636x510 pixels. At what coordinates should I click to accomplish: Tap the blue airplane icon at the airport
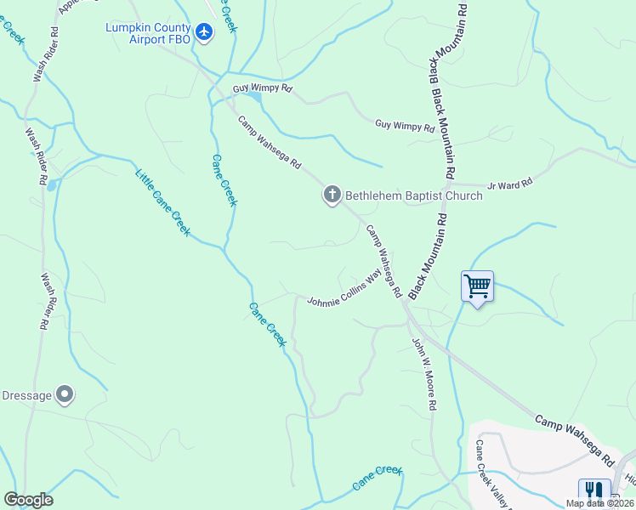(204, 32)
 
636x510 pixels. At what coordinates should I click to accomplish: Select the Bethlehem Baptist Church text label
(414, 195)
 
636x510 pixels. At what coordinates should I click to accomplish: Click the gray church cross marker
(332, 195)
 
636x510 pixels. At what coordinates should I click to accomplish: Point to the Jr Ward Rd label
(509, 182)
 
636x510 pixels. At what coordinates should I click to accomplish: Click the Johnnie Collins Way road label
(344, 291)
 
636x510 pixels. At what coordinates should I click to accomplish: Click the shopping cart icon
(477, 286)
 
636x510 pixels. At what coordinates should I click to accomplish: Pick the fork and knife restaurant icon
(594, 492)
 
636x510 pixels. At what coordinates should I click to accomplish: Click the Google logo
(28, 500)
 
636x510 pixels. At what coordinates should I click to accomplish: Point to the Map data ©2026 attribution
(599, 503)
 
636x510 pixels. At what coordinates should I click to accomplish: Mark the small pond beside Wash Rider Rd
(52, 184)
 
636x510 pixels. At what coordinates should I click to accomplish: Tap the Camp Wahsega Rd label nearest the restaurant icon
(574, 439)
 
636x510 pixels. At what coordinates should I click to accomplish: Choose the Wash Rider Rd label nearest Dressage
(44, 301)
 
